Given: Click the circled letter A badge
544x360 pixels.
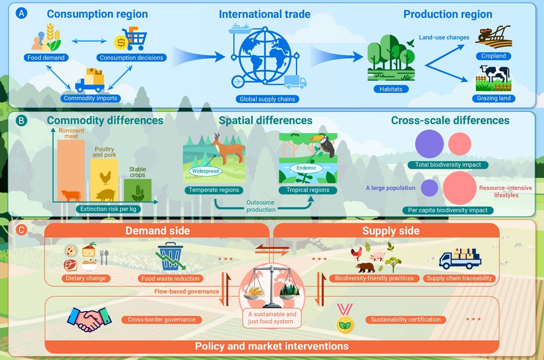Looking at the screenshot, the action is point(21,13).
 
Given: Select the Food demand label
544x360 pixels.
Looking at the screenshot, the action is point(46,57).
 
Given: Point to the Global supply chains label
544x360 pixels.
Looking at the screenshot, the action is point(267,99).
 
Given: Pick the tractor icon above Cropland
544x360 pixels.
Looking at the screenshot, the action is point(494,37).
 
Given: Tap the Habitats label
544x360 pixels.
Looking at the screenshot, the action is point(391,89).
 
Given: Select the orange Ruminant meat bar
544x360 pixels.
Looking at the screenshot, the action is point(71,170).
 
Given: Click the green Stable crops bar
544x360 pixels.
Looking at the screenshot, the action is point(137,190).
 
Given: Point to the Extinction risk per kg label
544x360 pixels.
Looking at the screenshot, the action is point(108,209).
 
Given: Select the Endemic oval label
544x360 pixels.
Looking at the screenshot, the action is point(306,168).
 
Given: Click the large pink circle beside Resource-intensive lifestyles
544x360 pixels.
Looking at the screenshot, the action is point(459,188).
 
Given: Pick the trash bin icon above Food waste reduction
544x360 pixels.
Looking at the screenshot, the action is point(170,256).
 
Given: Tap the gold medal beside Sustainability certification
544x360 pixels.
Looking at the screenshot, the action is point(345,319).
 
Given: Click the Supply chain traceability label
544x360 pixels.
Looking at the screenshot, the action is point(459,278).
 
